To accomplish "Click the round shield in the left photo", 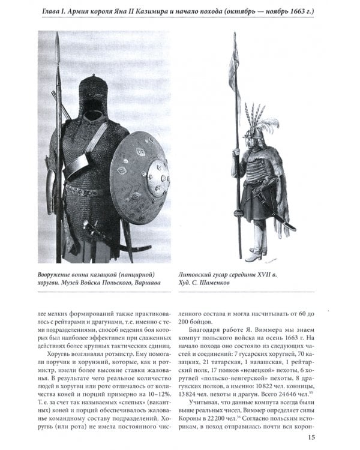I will (x=139, y=178).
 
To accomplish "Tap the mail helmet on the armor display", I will (x=93, y=96).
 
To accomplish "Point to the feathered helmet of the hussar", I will (x=256, y=129).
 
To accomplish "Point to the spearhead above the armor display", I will (x=58, y=42).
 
